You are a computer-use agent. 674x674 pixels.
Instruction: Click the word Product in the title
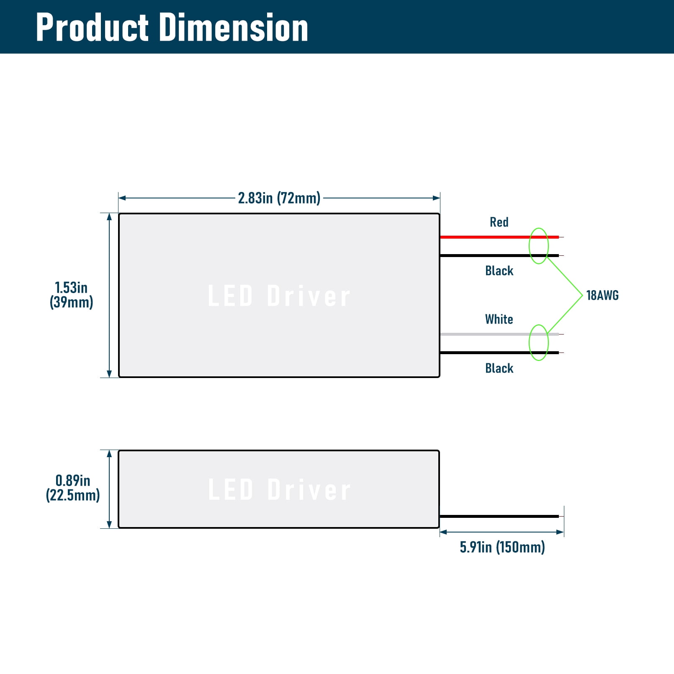pos(92,27)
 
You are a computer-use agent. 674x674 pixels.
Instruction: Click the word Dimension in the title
pos(234,27)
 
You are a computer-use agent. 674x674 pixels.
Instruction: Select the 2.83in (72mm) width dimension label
pos(279,198)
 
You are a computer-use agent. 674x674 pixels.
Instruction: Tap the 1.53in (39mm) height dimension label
pos(71,295)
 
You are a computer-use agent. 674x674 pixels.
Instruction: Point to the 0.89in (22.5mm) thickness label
pos(73,488)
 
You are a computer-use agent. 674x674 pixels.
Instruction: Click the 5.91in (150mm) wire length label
pos(502,547)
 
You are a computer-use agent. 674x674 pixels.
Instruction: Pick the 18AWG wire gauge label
pos(602,296)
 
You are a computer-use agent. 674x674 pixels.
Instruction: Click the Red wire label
pos(499,222)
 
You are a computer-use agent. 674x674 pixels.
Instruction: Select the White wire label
pos(499,319)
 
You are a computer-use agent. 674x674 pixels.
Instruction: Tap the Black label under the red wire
pos(499,271)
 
